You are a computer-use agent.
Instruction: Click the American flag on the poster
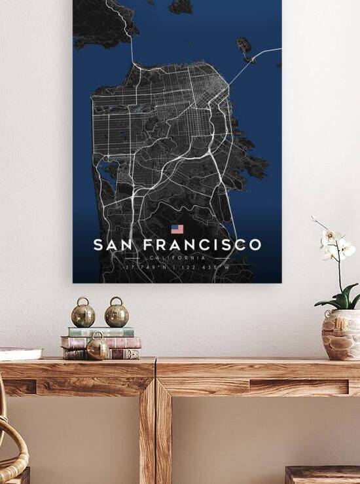(177, 229)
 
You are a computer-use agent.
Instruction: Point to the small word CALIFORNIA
(177, 258)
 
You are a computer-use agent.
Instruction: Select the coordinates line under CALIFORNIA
(177, 267)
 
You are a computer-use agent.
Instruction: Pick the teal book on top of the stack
(101, 331)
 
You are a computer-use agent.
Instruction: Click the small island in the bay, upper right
(244, 46)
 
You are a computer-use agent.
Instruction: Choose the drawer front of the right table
(298, 387)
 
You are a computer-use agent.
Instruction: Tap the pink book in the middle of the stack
(101, 342)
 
